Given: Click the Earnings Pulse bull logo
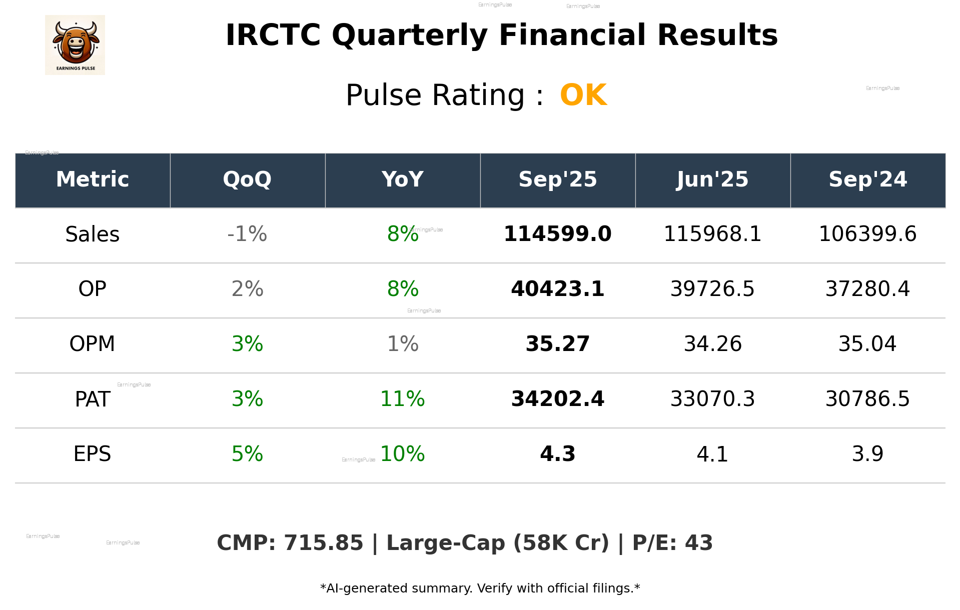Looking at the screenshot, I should [x=75, y=45].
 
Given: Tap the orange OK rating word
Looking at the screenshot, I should [x=583, y=95].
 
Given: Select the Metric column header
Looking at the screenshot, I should [x=93, y=179].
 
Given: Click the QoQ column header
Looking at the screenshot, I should [x=247, y=179].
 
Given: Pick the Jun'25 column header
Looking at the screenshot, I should [x=712, y=179].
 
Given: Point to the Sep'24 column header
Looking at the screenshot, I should [x=867, y=179].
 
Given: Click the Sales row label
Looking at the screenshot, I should [x=93, y=234].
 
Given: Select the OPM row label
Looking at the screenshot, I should [x=93, y=344].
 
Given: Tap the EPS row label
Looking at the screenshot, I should [x=93, y=454].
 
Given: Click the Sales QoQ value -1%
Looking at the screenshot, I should [x=247, y=234].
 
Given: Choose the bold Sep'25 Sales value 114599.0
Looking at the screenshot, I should [x=557, y=234].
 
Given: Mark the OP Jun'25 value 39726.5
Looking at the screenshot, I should [x=712, y=289].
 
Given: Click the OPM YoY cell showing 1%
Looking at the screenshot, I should [x=403, y=344].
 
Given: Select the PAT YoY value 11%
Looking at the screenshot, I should [x=403, y=399].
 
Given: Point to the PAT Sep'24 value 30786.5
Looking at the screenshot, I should [x=867, y=399].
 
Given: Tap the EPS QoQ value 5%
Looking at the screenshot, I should [x=247, y=454].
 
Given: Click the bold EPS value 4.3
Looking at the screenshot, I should [x=557, y=454].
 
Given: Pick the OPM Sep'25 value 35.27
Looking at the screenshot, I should [x=557, y=344].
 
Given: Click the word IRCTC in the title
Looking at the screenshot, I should [x=273, y=35].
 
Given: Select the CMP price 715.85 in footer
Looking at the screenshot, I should [x=324, y=543].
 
